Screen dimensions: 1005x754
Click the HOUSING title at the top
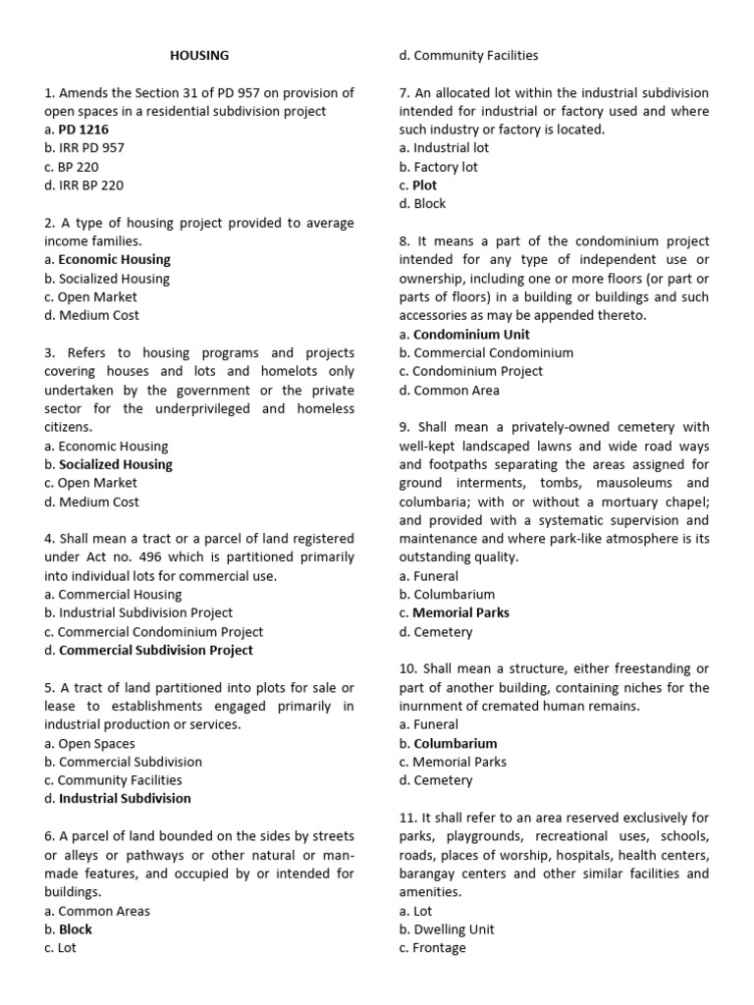199,56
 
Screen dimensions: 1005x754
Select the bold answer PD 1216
83,130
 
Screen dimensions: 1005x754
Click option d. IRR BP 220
84,185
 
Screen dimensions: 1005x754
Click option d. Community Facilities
468,56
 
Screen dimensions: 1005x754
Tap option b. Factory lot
438,167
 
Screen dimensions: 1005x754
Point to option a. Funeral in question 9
428,576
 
